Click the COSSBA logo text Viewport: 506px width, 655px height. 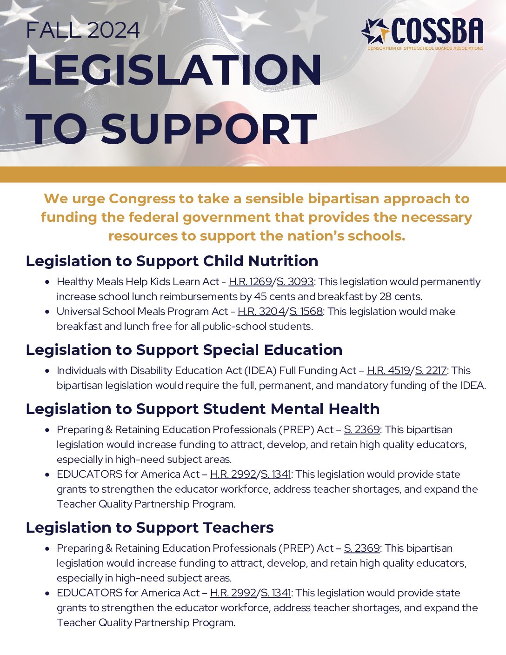pyautogui.click(x=437, y=32)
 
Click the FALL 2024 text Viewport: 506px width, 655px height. pyautogui.click(x=83, y=31)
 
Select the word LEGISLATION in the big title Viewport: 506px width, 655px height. pyautogui.click(x=174, y=70)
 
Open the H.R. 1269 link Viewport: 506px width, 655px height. pyautogui.click(x=250, y=282)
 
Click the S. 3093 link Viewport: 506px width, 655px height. pyautogui.click(x=295, y=282)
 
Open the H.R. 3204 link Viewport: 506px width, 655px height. pyautogui.click(x=261, y=312)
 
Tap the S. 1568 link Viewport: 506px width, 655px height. pyautogui.click(x=306, y=312)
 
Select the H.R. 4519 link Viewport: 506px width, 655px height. pyautogui.click(x=388, y=371)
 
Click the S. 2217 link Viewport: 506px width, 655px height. pyautogui.click(x=431, y=371)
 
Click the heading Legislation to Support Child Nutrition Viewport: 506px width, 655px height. pyautogui.click(x=172, y=261)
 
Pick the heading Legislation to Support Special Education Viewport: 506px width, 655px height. pyautogui.click(x=184, y=350)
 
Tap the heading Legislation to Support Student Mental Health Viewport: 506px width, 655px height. pyautogui.click(x=203, y=409)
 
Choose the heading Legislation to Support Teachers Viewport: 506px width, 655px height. pyautogui.click(x=150, y=528)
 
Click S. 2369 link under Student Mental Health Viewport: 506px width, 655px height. pyautogui.click(x=362, y=430)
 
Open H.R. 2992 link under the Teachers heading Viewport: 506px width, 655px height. pyautogui.click(x=233, y=593)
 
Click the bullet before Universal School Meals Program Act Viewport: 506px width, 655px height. pyautogui.click(x=47, y=312)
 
